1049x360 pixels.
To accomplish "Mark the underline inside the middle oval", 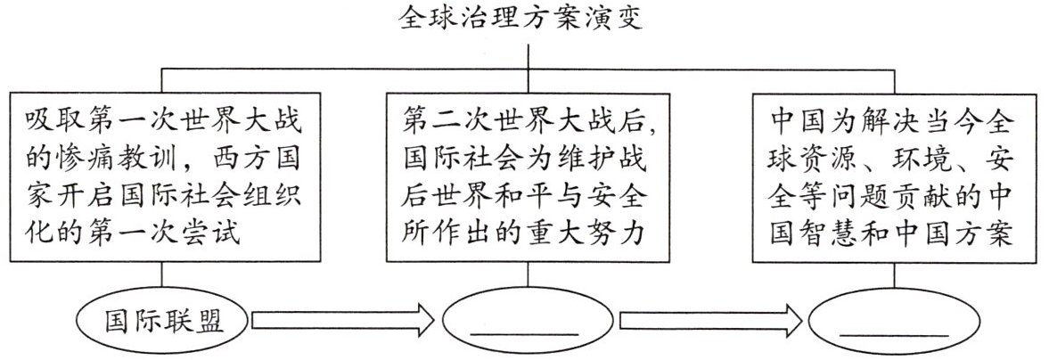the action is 523,333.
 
